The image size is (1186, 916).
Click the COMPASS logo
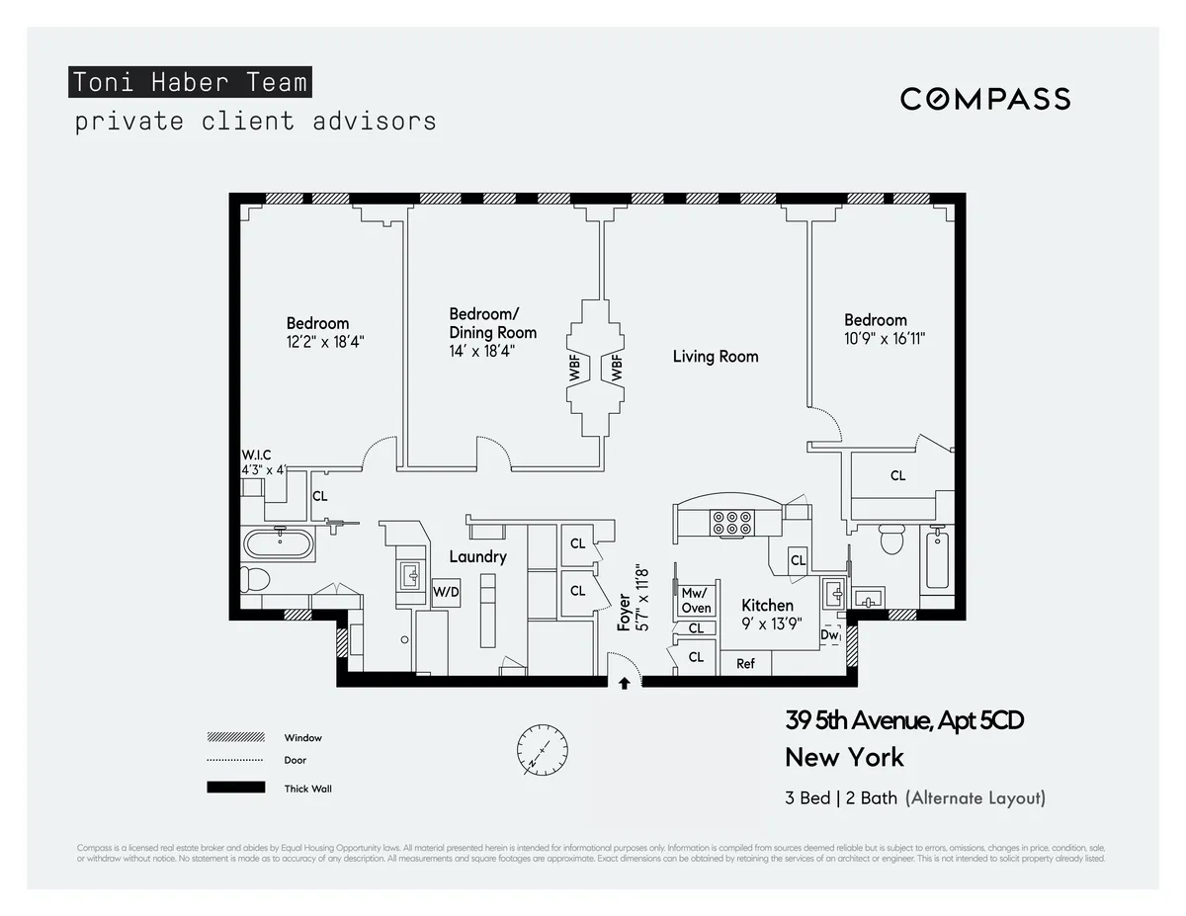click(984, 99)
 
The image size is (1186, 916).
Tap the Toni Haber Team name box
click(190, 82)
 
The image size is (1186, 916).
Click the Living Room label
click(716, 356)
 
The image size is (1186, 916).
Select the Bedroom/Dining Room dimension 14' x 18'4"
click(482, 351)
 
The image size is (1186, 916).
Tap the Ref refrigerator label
click(745, 663)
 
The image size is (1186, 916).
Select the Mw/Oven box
click(695, 601)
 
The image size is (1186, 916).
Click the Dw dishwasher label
click(830, 635)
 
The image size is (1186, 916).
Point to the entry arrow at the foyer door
click(624, 681)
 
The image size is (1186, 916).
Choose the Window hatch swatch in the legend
click(235, 737)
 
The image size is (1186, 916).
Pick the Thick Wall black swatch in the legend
click(235, 788)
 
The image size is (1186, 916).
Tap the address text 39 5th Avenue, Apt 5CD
click(903, 720)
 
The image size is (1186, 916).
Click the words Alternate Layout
click(974, 798)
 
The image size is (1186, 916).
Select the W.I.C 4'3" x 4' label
click(263, 462)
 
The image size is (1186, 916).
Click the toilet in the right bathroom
click(892, 540)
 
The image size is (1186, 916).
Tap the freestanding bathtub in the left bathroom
click(280, 542)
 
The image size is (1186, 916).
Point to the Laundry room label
click(477, 556)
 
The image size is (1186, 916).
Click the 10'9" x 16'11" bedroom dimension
click(884, 338)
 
